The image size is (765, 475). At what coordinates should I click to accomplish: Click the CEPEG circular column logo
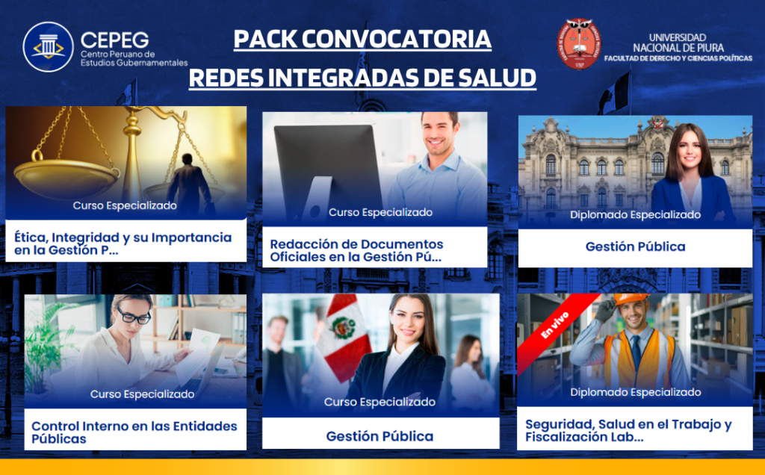pyautogui.click(x=48, y=47)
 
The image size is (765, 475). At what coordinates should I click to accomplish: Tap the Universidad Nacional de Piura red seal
pyautogui.click(x=579, y=44)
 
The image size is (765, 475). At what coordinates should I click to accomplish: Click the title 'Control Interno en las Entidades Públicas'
pyautogui.click(x=134, y=432)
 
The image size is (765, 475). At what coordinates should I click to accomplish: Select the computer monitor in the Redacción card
pyautogui.click(x=327, y=171)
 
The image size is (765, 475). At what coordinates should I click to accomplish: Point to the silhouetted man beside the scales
pyautogui.click(x=189, y=184)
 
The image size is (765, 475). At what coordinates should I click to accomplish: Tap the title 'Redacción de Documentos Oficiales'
pyautogui.click(x=356, y=250)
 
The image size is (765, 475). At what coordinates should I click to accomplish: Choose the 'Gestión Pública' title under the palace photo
pyautogui.click(x=635, y=246)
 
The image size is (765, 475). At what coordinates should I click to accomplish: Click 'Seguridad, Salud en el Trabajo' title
pyautogui.click(x=628, y=430)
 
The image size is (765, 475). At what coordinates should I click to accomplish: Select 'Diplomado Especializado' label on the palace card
pyautogui.click(x=635, y=214)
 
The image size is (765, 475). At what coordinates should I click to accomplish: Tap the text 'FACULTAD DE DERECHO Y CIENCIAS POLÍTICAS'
pyautogui.click(x=678, y=58)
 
